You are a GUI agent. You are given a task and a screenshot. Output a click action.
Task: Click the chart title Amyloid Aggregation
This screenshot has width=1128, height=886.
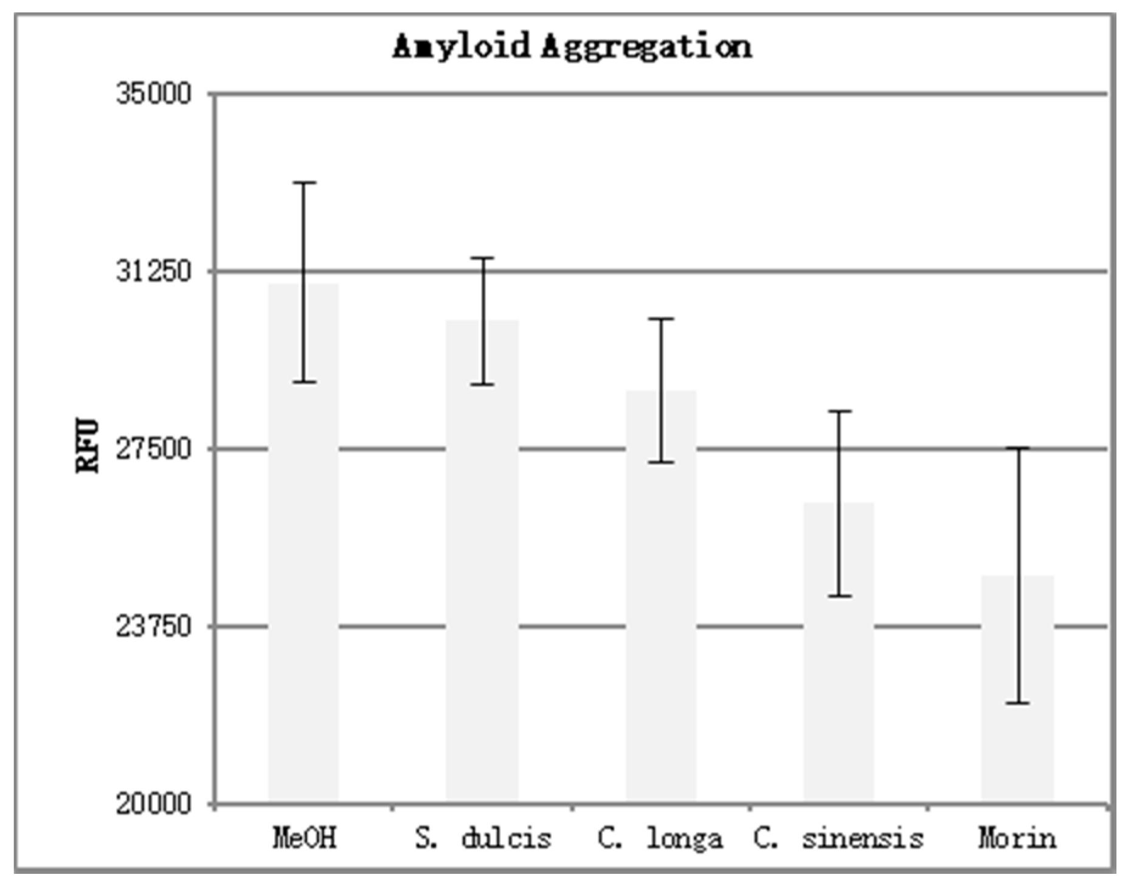pyautogui.click(x=572, y=47)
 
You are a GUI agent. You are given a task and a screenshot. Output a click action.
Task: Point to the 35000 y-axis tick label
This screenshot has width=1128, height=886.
pyautogui.click(x=154, y=94)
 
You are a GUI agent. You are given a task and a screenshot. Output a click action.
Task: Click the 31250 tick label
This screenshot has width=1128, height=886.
pyautogui.click(x=154, y=271)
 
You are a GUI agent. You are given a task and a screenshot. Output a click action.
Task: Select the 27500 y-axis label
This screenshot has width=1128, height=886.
pyautogui.click(x=154, y=449)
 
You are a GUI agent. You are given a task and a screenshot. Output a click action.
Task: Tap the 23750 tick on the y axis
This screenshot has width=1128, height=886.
pyautogui.click(x=154, y=626)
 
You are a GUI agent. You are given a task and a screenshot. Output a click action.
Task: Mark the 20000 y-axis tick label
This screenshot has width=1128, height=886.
pyautogui.click(x=154, y=804)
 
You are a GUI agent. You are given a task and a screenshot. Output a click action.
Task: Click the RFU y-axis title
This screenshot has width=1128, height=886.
pyautogui.click(x=88, y=446)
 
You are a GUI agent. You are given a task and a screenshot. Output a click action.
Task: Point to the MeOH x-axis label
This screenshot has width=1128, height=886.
pyautogui.click(x=304, y=838)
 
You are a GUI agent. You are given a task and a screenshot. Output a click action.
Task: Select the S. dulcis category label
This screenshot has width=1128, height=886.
pyautogui.click(x=483, y=838)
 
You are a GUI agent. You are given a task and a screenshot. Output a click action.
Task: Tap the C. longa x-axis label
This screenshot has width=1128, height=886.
pyautogui.click(x=660, y=838)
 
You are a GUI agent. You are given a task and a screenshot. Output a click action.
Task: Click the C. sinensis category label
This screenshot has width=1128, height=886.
pyautogui.click(x=839, y=838)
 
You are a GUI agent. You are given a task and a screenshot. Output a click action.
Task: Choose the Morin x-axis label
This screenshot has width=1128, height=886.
pyautogui.click(x=1017, y=838)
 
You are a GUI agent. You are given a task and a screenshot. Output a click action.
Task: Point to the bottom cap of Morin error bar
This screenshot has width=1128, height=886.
pyautogui.click(x=1017, y=703)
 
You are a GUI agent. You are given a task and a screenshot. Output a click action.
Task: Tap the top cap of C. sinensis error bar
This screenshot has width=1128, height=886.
pyautogui.click(x=839, y=412)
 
